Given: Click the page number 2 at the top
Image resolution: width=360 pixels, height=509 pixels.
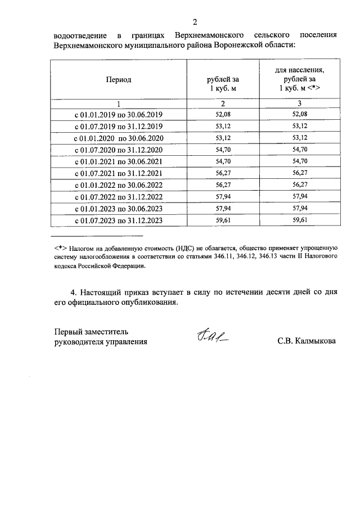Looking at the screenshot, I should coord(195,22).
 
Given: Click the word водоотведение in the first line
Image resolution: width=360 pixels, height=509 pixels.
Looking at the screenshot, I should coord(78,35).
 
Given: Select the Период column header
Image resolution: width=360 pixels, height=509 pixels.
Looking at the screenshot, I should coord(119,80).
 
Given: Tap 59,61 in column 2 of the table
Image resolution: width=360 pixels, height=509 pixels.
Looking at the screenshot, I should coord(223,220).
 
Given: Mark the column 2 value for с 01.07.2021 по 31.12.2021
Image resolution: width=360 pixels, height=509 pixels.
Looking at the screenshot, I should coord(223,173).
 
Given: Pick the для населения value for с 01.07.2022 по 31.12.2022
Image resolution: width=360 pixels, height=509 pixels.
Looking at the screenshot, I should coord(300,197).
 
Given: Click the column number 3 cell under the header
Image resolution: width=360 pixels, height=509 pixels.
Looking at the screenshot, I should coord(300,103).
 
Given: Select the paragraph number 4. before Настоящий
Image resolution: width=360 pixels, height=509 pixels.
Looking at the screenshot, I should coord(74,292).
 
